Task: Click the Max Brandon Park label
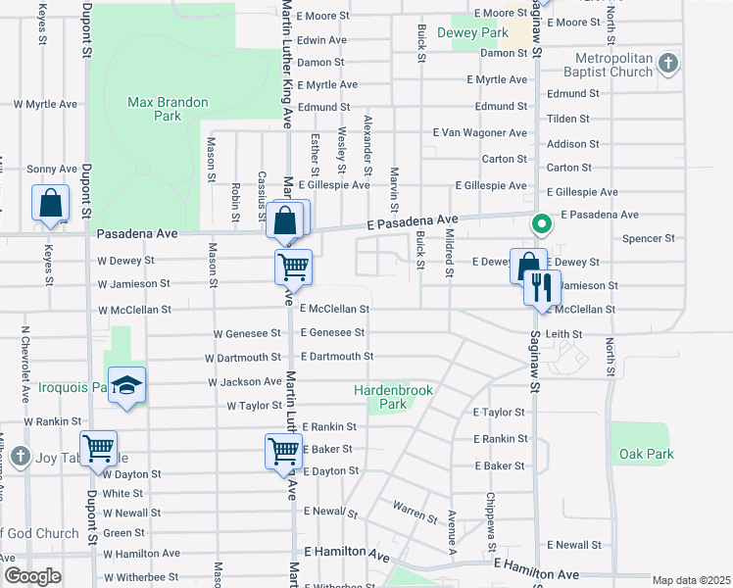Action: coord(155,109)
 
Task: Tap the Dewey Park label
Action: coord(480,32)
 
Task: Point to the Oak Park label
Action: coord(647,454)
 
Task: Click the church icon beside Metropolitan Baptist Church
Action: coord(668,64)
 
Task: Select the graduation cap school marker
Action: coord(126,386)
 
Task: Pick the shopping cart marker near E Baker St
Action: coord(282,452)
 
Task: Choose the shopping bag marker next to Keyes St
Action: coord(51,204)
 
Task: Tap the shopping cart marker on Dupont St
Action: coord(98,449)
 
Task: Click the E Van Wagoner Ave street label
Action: coord(480,132)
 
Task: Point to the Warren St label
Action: coord(415,510)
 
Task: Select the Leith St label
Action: coord(565,334)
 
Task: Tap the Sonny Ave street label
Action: coord(51,170)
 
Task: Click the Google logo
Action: coord(33,576)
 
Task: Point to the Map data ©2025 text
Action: coord(690,580)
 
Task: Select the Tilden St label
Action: coord(567,119)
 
